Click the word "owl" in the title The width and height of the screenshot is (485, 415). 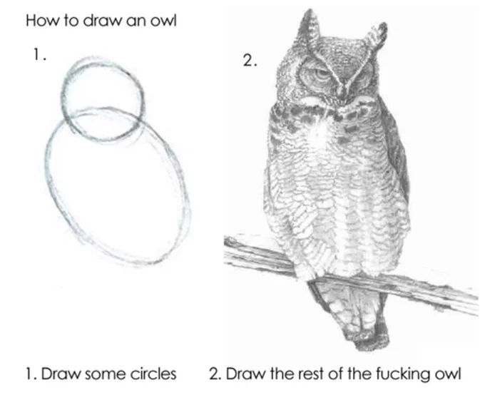(163, 21)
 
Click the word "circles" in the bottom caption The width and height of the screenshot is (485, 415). (153, 374)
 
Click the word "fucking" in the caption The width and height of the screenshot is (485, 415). (403, 374)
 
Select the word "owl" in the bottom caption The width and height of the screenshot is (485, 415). (448, 374)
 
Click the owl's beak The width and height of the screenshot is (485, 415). (342, 92)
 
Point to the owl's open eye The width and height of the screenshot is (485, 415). (321, 74)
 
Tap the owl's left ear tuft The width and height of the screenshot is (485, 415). (310, 28)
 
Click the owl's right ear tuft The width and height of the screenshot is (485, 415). (376, 35)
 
